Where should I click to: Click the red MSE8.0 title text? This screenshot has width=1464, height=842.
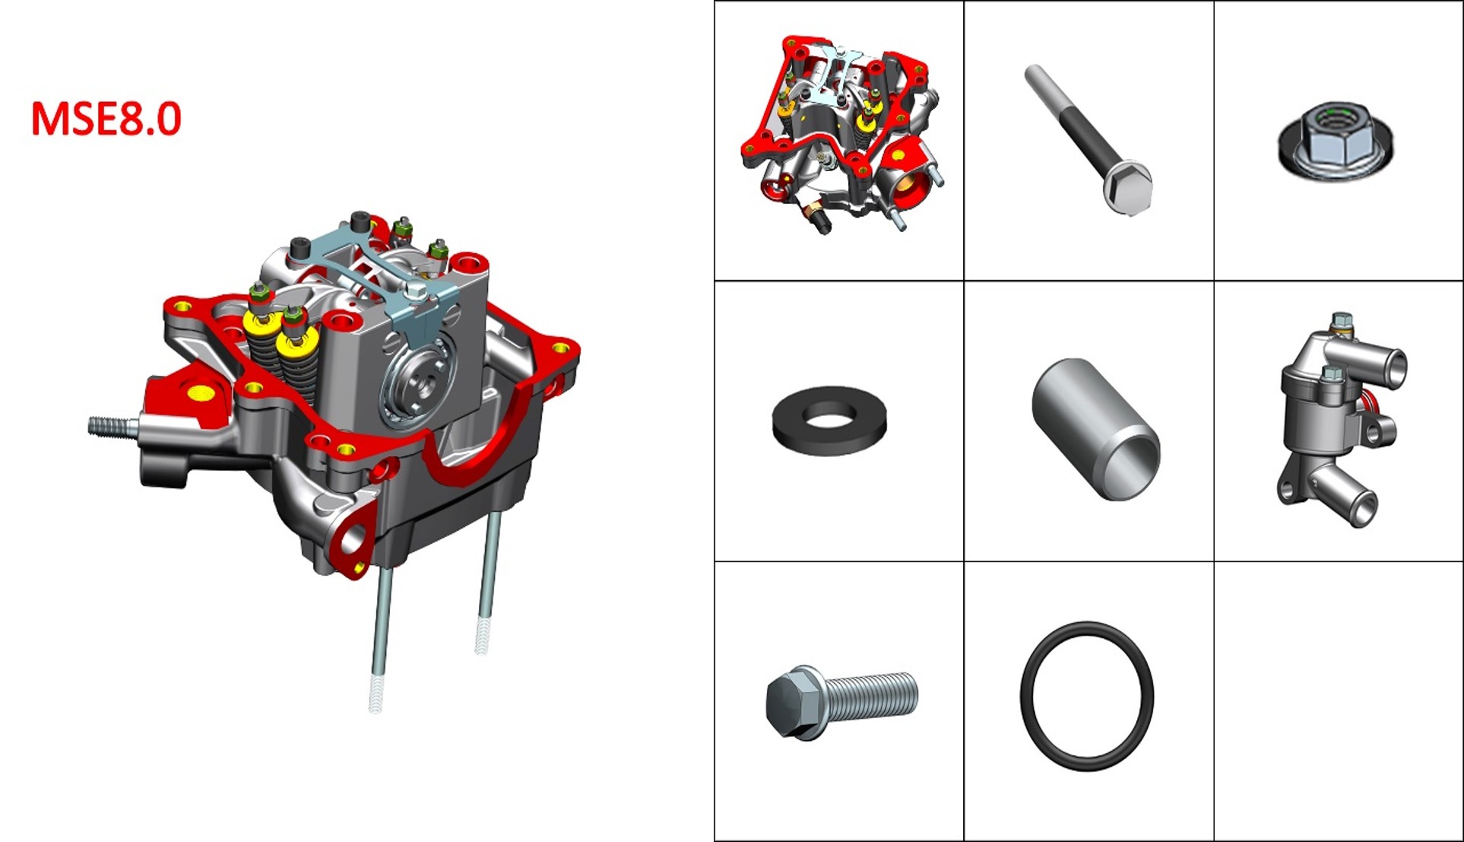tap(106, 119)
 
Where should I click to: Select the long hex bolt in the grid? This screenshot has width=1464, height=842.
tap(1088, 139)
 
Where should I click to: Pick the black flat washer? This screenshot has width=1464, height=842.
tap(829, 421)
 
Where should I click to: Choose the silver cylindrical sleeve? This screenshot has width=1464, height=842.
tap(1095, 429)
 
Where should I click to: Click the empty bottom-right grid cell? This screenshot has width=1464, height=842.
tap(1339, 701)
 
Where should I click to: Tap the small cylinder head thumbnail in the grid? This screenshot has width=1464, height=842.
tap(840, 135)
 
